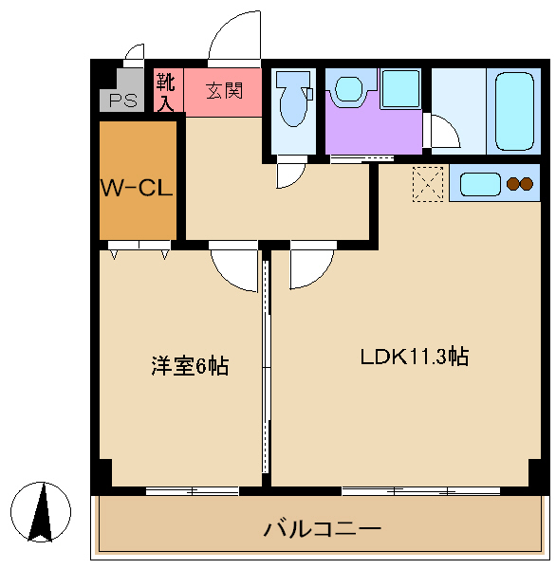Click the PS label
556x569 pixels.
(123, 101)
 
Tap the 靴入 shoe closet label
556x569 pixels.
(166, 92)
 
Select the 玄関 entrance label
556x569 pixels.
(224, 90)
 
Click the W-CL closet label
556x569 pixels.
(137, 189)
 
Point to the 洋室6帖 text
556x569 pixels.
(190, 366)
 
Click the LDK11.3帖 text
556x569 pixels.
(415, 357)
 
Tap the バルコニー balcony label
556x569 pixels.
(322, 529)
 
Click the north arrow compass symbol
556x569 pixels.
(41, 512)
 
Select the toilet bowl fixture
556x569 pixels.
(293, 99)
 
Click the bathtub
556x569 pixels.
(514, 111)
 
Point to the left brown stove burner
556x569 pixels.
(513, 184)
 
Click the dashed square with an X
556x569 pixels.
(428, 184)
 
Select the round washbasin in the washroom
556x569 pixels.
(348, 89)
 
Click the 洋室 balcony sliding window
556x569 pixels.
(193, 491)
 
